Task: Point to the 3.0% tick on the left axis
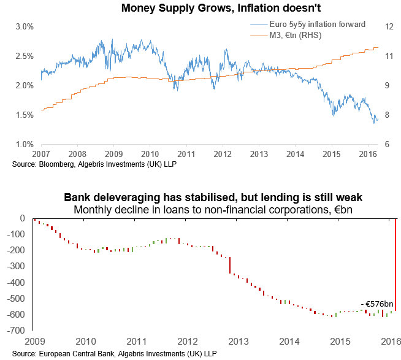pyautogui.click(x=24, y=27)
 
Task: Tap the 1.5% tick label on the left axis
pyautogui.click(x=24, y=115)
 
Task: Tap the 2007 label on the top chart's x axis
pyautogui.click(x=40, y=154)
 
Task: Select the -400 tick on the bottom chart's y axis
pyautogui.click(x=17, y=282)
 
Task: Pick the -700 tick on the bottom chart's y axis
pyautogui.click(x=17, y=330)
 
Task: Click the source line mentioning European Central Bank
pyautogui.click(x=113, y=354)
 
